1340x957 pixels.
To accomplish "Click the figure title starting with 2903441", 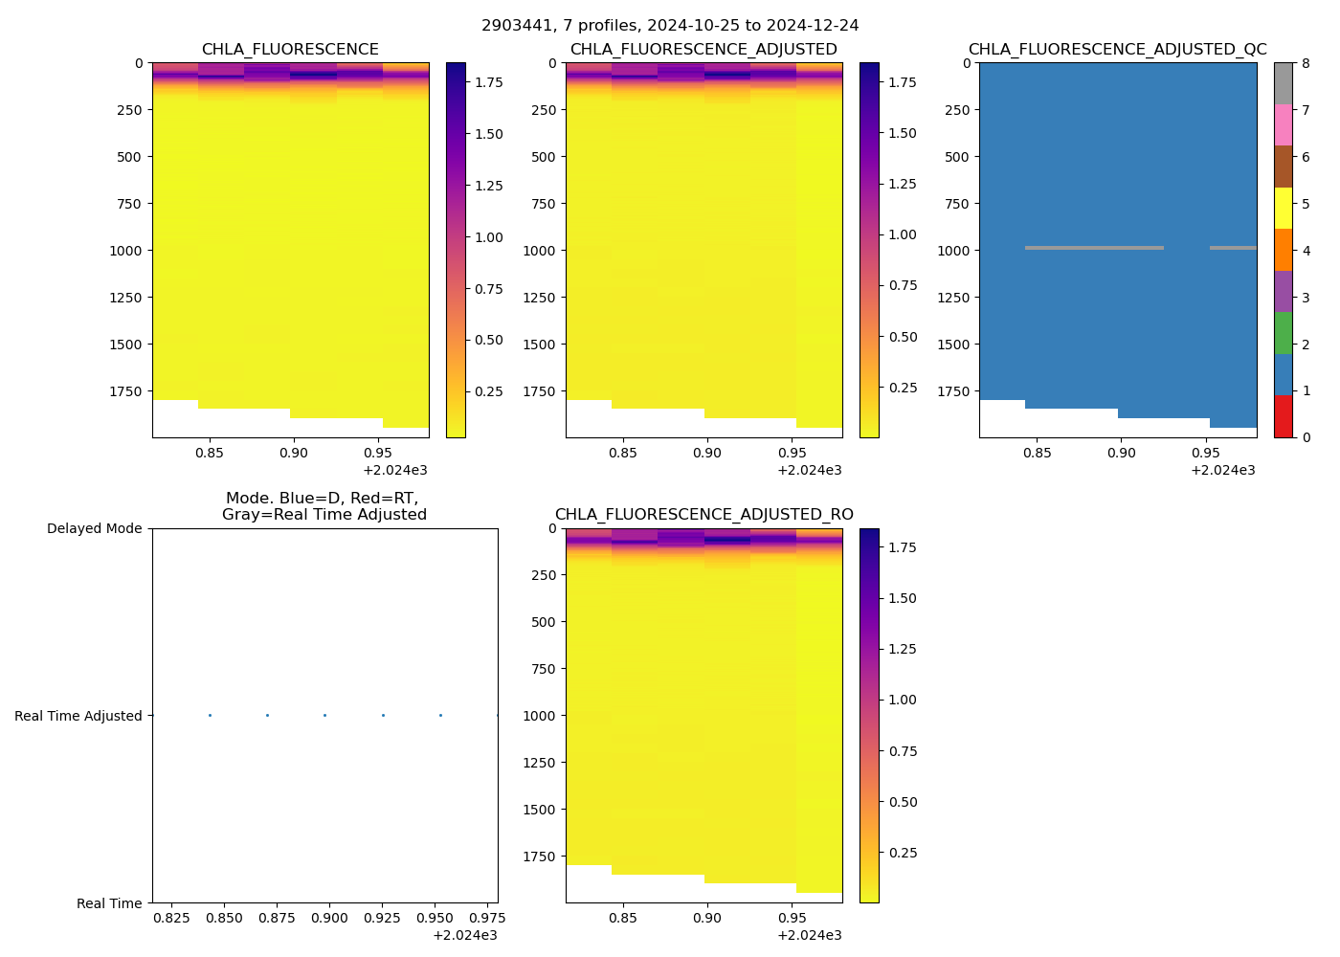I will click(x=670, y=26).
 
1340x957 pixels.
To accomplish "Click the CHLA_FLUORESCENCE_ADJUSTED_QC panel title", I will click(x=1117, y=50).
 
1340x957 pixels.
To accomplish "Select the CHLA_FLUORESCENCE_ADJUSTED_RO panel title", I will click(x=703, y=515).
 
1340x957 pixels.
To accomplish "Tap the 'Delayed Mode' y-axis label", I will click(x=94, y=528).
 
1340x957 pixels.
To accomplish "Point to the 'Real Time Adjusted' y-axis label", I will click(x=78, y=716).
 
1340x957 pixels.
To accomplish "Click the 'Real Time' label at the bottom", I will click(x=109, y=903).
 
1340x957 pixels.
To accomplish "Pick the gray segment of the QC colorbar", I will click(x=1283, y=83).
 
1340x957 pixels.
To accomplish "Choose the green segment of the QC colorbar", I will click(x=1283, y=333).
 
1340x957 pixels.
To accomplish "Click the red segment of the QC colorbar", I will click(x=1283, y=416).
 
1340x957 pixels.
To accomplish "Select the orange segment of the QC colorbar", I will click(x=1283, y=250).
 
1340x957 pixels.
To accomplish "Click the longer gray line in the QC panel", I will click(x=1094, y=248).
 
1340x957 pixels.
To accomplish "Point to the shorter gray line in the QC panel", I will click(x=1233, y=248).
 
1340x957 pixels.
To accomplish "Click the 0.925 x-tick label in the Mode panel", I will click(x=382, y=918).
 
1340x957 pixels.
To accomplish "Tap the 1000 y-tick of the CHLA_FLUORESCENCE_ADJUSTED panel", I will click(x=543, y=251).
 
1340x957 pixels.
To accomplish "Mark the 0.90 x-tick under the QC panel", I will click(x=1121, y=453).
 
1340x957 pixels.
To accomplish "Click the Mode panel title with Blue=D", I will click(x=324, y=506).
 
